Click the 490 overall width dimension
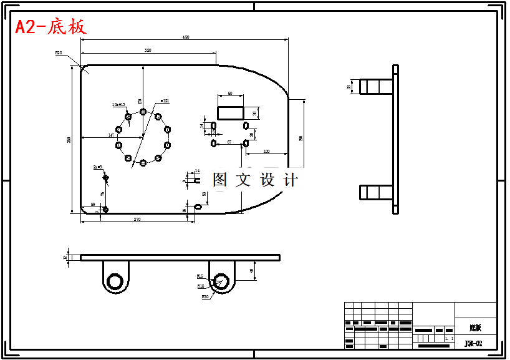(x=186, y=37)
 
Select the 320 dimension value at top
(x=148, y=50)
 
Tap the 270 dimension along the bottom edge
(x=137, y=219)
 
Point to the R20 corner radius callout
(x=59, y=54)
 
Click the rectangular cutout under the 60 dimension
(x=230, y=112)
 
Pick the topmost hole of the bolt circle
(x=143, y=112)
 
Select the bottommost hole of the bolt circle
(x=143, y=163)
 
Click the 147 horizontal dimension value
(x=111, y=135)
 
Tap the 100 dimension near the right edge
(x=266, y=152)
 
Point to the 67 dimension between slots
(x=229, y=142)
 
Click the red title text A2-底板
(x=51, y=27)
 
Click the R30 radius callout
(x=205, y=297)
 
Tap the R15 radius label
(x=200, y=276)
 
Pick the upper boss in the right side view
(x=376, y=85)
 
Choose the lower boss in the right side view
(x=376, y=192)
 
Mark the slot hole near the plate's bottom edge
(x=198, y=207)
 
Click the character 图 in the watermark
(x=220, y=180)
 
